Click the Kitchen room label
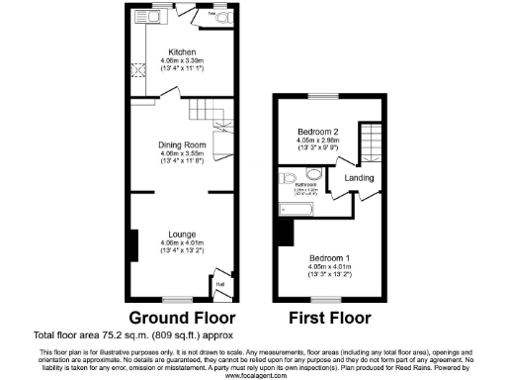pyautogui.click(x=182, y=51)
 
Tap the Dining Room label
pyautogui.click(x=182, y=145)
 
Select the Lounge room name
pyautogui.click(x=182, y=236)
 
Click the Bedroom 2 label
pyautogui.click(x=318, y=132)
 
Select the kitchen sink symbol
pyautogui.click(x=162, y=15)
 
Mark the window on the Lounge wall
pyautogui.click(x=178, y=298)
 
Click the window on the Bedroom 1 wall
pyautogui.click(x=319, y=298)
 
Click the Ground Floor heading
pyautogui.click(x=183, y=318)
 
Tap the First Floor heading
pyautogui.click(x=329, y=318)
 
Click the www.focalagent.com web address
pyautogui.click(x=253, y=375)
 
